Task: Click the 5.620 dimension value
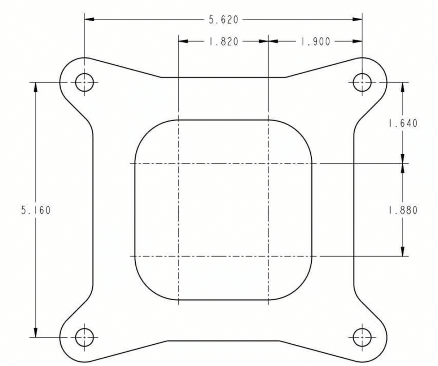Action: coord(224,20)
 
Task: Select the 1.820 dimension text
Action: coord(224,42)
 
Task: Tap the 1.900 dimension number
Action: coord(315,42)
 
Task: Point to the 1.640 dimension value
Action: coord(403,123)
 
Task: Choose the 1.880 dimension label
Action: coord(403,210)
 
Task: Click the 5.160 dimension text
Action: coord(36,210)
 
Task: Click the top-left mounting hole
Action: coord(84,82)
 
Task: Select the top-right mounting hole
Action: coord(362,82)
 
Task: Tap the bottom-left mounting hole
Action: coord(84,337)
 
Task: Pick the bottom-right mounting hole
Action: coord(362,337)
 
